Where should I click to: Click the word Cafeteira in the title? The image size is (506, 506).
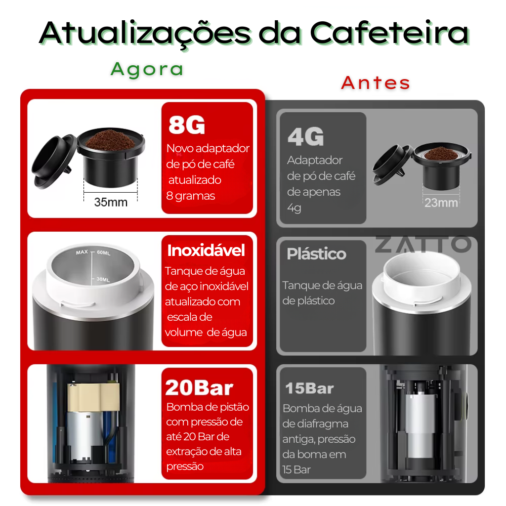[389, 33]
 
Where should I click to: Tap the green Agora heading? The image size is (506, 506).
[147, 69]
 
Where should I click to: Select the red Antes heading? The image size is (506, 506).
[376, 83]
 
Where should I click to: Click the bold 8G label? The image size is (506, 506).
[186, 126]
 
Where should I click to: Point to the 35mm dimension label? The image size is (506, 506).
[111, 202]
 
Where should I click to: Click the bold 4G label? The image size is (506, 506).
[305, 137]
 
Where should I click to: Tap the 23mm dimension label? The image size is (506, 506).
[441, 203]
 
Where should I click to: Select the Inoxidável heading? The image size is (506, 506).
[206, 251]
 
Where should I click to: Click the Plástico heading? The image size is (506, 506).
[316, 254]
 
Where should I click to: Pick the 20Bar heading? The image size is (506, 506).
[199, 388]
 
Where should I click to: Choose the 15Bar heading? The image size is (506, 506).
[309, 388]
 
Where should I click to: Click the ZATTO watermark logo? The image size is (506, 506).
[422, 244]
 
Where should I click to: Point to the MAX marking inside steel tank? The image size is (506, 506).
[82, 253]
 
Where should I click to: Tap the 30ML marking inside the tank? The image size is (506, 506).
[103, 279]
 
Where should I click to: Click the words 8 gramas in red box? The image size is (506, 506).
[191, 196]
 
